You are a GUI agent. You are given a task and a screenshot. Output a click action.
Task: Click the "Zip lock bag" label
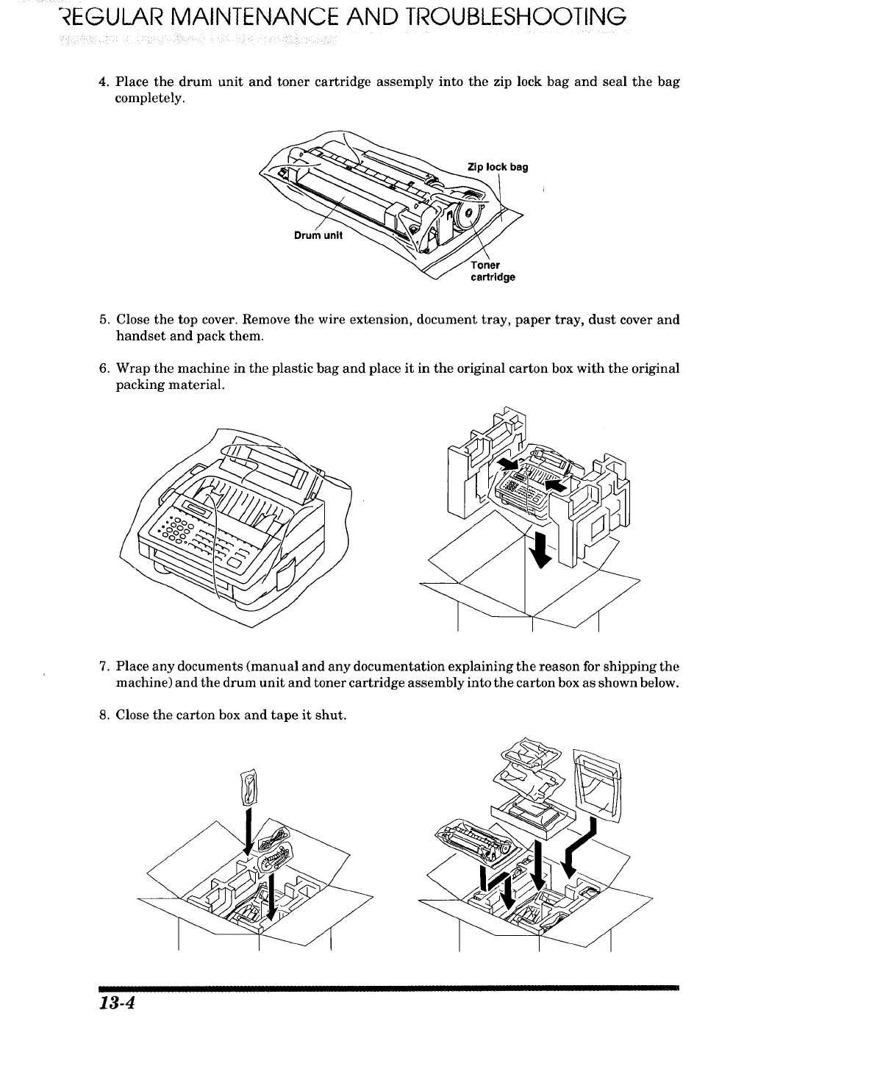click(498, 168)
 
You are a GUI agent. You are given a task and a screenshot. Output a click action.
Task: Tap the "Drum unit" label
click(314, 237)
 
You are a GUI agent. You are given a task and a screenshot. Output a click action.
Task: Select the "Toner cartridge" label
click(492, 271)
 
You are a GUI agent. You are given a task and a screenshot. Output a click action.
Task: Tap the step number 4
click(104, 82)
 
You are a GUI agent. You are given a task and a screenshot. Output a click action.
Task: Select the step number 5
click(104, 321)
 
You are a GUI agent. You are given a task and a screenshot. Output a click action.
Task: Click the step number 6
click(104, 368)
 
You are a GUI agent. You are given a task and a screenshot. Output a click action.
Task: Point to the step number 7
click(104, 668)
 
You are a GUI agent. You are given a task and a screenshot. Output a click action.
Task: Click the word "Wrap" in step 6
click(134, 368)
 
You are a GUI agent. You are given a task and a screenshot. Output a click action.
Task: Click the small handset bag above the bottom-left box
click(248, 785)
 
